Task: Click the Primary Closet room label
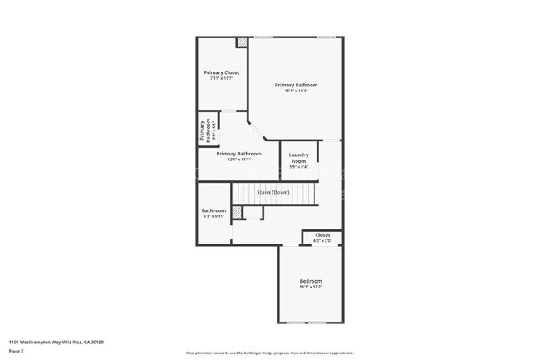coord(221,72)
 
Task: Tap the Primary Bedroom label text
coord(297,85)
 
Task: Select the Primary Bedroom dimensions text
coord(297,91)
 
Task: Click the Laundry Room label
coord(298,158)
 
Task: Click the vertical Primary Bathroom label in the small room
coord(202,132)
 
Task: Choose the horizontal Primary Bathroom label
coord(239,154)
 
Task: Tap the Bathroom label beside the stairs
coord(214,210)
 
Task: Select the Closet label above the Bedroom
coord(322,235)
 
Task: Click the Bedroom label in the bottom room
coord(311,281)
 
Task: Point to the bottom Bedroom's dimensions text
coord(311,288)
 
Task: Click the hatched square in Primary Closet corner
coord(242,42)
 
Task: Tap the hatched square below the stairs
coord(238,214)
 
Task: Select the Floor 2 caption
coord(17,351)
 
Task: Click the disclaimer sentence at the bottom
coord(270,353)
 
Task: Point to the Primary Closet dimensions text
coord(221,79)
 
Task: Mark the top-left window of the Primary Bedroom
coord(263,37)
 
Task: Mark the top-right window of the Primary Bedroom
coord(327,37)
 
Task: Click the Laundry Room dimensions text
coord(298,167)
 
